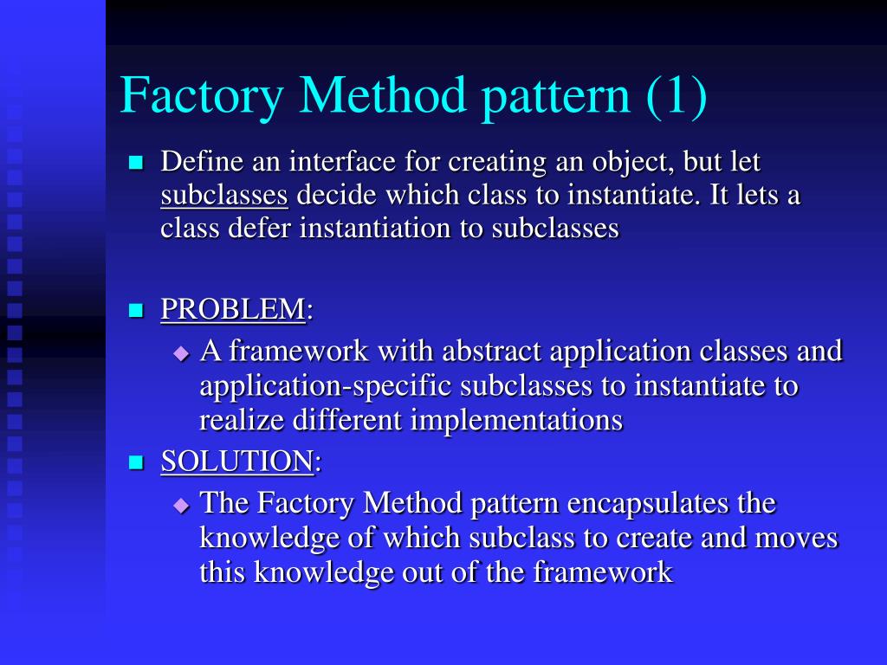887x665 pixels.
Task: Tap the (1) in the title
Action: (675, 96)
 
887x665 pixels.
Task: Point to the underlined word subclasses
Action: (224, 195)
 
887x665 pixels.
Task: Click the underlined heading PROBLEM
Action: (233, 309)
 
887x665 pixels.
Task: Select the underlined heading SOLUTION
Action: (236, 462)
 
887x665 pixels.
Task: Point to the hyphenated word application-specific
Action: (326, 385)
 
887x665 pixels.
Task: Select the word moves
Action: (797, 538)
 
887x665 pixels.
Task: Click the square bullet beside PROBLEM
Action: (135, 310)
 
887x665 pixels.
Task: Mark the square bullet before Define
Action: (135, 163)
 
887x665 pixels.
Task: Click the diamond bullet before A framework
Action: (180, 353)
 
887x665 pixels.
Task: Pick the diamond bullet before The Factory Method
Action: (180, 505)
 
